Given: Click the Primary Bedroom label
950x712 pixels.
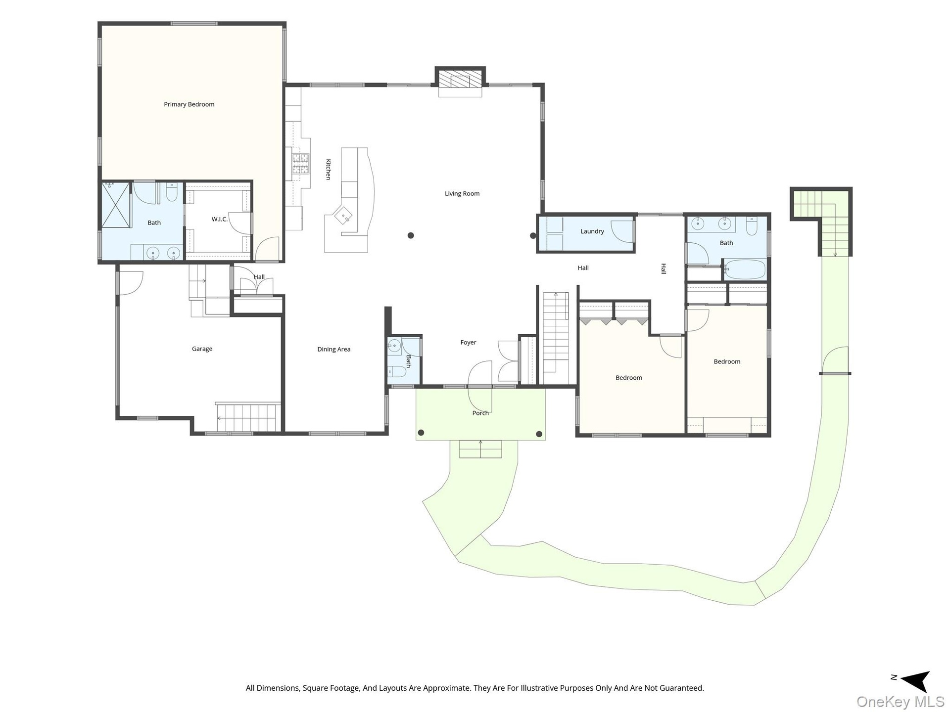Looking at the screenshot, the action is point(189,104).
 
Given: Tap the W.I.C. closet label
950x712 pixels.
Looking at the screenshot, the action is point(219,219).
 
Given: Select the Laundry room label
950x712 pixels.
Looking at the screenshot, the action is point(592,231).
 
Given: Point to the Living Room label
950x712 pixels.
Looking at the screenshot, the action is point(462,193).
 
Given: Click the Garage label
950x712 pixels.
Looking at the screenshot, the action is point(202,349).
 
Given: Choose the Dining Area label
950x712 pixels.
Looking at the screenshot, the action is point(334,349).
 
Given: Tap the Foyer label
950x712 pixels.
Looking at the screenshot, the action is point(468,342).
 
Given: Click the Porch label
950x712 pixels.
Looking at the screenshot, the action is point(480,413).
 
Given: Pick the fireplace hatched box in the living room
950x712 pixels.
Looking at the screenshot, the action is point(460,79).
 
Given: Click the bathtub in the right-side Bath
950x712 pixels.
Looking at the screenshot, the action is point(745,269).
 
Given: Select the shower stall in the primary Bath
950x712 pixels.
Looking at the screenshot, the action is point(116,205).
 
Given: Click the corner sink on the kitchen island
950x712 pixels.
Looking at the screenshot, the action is point(343,215).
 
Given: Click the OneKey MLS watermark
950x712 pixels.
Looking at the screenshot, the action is point(901,702).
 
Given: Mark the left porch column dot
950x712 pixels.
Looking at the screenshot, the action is point(421,433).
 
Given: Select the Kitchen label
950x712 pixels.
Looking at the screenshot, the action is point(328,169).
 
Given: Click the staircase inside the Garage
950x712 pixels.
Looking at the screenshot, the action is point(248,417).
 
